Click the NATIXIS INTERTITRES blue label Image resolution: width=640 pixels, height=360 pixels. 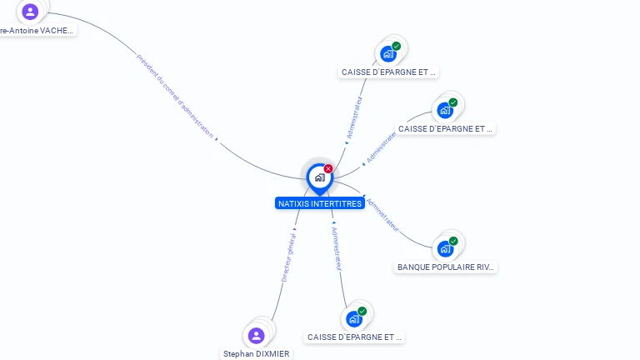click(319, 203)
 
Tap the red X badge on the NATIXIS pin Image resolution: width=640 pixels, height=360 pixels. click(328, 169)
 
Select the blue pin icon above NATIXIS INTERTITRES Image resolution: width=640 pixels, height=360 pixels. click(319, 177)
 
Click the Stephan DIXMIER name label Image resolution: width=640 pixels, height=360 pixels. click(257, 353)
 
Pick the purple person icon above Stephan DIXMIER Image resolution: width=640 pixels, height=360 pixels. click(257, 335)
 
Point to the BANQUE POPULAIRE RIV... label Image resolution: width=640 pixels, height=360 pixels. click(446, 267)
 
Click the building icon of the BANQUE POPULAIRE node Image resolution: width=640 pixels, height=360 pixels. click(445, 248)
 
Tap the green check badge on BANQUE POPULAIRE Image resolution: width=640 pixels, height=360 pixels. click(453, 242)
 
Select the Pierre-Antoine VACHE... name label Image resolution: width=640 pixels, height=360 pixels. click(37, 30)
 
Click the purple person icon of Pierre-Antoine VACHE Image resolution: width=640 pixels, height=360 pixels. click(31, 12)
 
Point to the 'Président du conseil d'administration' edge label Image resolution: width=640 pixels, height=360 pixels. click(174, 95)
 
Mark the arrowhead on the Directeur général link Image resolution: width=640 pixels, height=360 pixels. click(295, 228)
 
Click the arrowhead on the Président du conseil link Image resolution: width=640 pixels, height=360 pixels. click(217, 140)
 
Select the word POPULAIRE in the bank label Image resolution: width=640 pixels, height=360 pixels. click(452, 267)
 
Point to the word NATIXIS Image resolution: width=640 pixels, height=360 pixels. click(293, 203)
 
